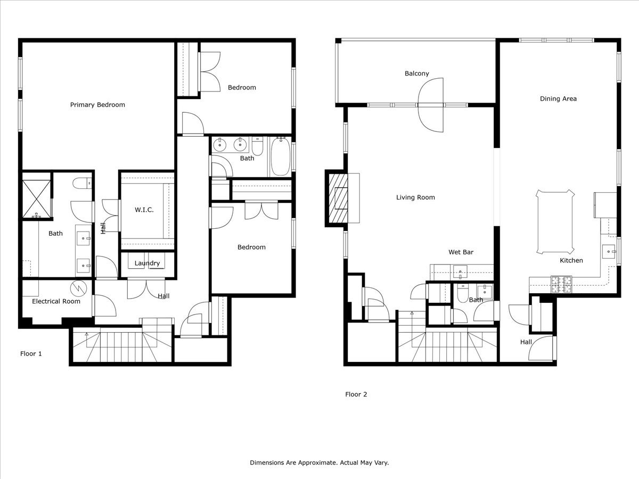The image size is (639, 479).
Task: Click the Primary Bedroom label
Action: pyautogui.click(x=97, y=105)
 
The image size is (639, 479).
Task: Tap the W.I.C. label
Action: pyautogui.click(x=144, y=210)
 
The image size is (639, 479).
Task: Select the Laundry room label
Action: pyautogui.click(x=147, y=263)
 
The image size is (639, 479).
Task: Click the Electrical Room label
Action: pyautogui.click(x=56, y=301)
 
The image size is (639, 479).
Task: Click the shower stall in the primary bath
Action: pyautogui.click(x=36, y=199)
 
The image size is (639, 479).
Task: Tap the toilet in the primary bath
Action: pyautogui.click(x=82, y=184)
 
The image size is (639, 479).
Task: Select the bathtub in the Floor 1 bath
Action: pyautogui.click(x=280, y=157)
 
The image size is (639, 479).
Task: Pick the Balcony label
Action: pyautogui.click(x=417, y=73)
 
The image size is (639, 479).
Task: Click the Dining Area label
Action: pyautogui.click(x=558, y=98)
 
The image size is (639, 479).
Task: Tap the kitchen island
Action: pyautogui.click(x=555, y=222)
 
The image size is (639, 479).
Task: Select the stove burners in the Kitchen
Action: pyautogui.click(x=561, y=284)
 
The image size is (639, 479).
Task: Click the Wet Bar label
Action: pyautogui.click(x=461, y=252)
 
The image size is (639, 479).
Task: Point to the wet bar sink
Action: pyautogui.click(x=460, y=271)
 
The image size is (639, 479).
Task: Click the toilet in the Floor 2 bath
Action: pyautogui.click(x=462, y=293)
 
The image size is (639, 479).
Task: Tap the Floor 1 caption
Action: pyautogui.click(x=31, y=353)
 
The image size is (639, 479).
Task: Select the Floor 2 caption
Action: pyautogui.click(x=356, y=394)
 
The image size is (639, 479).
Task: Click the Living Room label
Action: pyautogui.click(x=415, y=197)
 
